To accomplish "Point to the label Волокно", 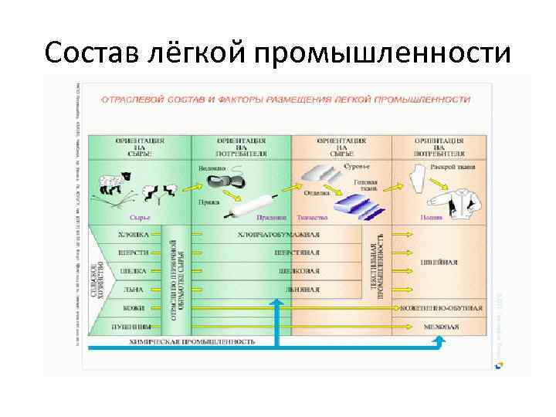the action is click(x=212, y=168).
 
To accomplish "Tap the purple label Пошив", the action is click(x=432, y=218).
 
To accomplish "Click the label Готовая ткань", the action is click(x=364, y=185).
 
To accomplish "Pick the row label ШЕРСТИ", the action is click(x=133, y=252).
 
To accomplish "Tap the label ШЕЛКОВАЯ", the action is click(x=297, y=271).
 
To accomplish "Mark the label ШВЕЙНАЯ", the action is click(x=439, y=262).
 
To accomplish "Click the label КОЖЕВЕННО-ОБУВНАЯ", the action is click(x=442, y=308).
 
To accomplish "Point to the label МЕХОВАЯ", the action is click(x=441, y=327).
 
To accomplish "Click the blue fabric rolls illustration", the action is click(x=358, y=205).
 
